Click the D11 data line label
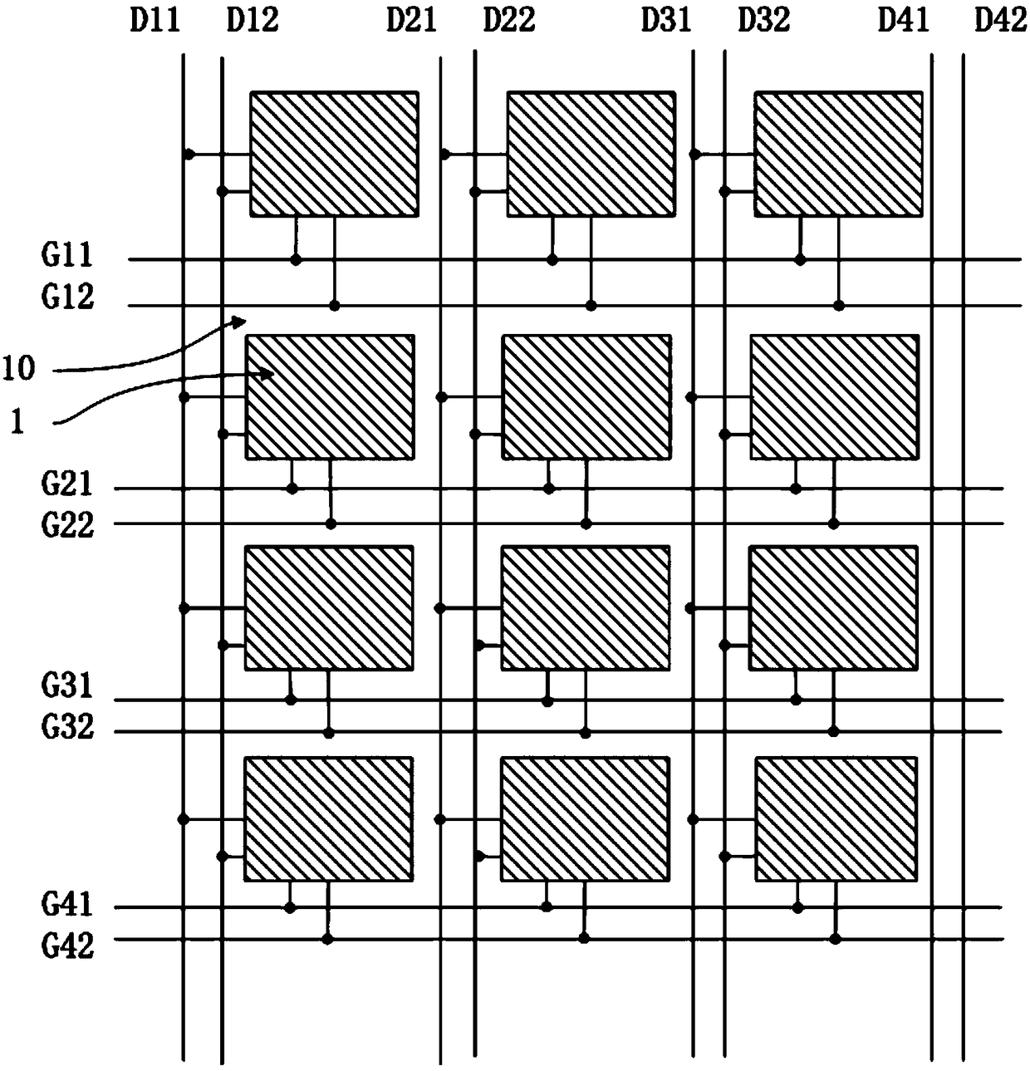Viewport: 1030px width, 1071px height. click(x=154, y=19)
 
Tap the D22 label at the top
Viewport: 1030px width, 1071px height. click(x=508, y=19)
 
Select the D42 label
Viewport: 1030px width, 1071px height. click(x=1000, y=19)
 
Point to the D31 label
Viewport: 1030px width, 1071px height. click(x=665, y=19)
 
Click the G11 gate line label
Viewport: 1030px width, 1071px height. click(x=67, y=255)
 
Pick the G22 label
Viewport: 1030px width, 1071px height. click(x=67, y=525)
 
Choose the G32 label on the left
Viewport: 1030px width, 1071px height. click(x=67, y=728)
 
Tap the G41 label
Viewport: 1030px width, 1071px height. click(x=67, y=904)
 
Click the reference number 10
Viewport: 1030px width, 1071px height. click(x=18, y=367)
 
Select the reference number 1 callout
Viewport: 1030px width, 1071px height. click(x=17, y=422)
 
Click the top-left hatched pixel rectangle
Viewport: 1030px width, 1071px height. click(x=334, y=154)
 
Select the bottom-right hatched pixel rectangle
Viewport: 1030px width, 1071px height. click(x=836, y=818)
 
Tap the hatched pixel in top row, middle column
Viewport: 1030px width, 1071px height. click(x=591, y=154)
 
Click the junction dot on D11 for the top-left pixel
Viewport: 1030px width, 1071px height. click(x=189, y=155)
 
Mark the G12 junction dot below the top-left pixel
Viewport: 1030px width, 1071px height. click(x=334, y=306)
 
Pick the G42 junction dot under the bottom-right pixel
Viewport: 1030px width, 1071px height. click(x=835, y=939)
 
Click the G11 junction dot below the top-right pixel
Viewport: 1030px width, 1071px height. click(x=800, y=260)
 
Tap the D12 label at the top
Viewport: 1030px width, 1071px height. click(x=252, y=19)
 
